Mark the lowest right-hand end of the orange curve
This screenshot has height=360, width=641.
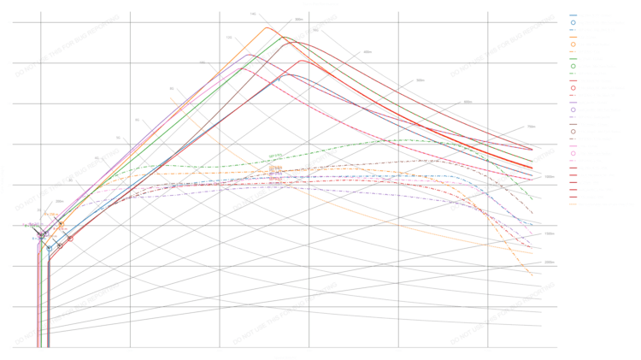click(x=532, y=275)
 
